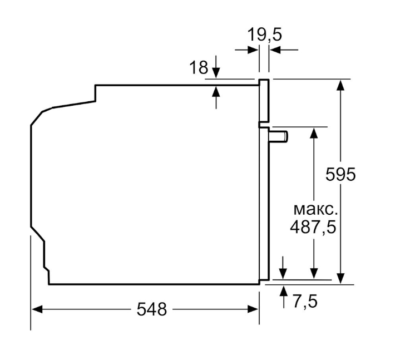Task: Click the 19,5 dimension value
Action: click(x=264, y=34)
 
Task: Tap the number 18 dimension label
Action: click(x=199, y=67)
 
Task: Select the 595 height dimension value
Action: click(x=340, y=174)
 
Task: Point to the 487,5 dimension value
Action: click(x=313, y=226)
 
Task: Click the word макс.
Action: click(x=315, y=210)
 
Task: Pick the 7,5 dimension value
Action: click(x=305, y=302)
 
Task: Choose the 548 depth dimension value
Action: click(x=152, y=309)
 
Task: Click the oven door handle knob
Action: click(x=279, y=137)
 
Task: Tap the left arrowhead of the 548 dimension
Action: click(x=37, y=309)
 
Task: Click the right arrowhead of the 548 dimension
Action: click(x=253, y=309)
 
